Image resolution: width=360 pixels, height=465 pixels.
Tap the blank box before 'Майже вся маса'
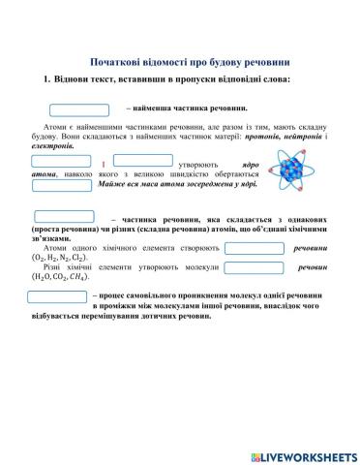click(x=60, y=184)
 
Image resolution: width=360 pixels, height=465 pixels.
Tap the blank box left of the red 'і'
click(x=60, y=161)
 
